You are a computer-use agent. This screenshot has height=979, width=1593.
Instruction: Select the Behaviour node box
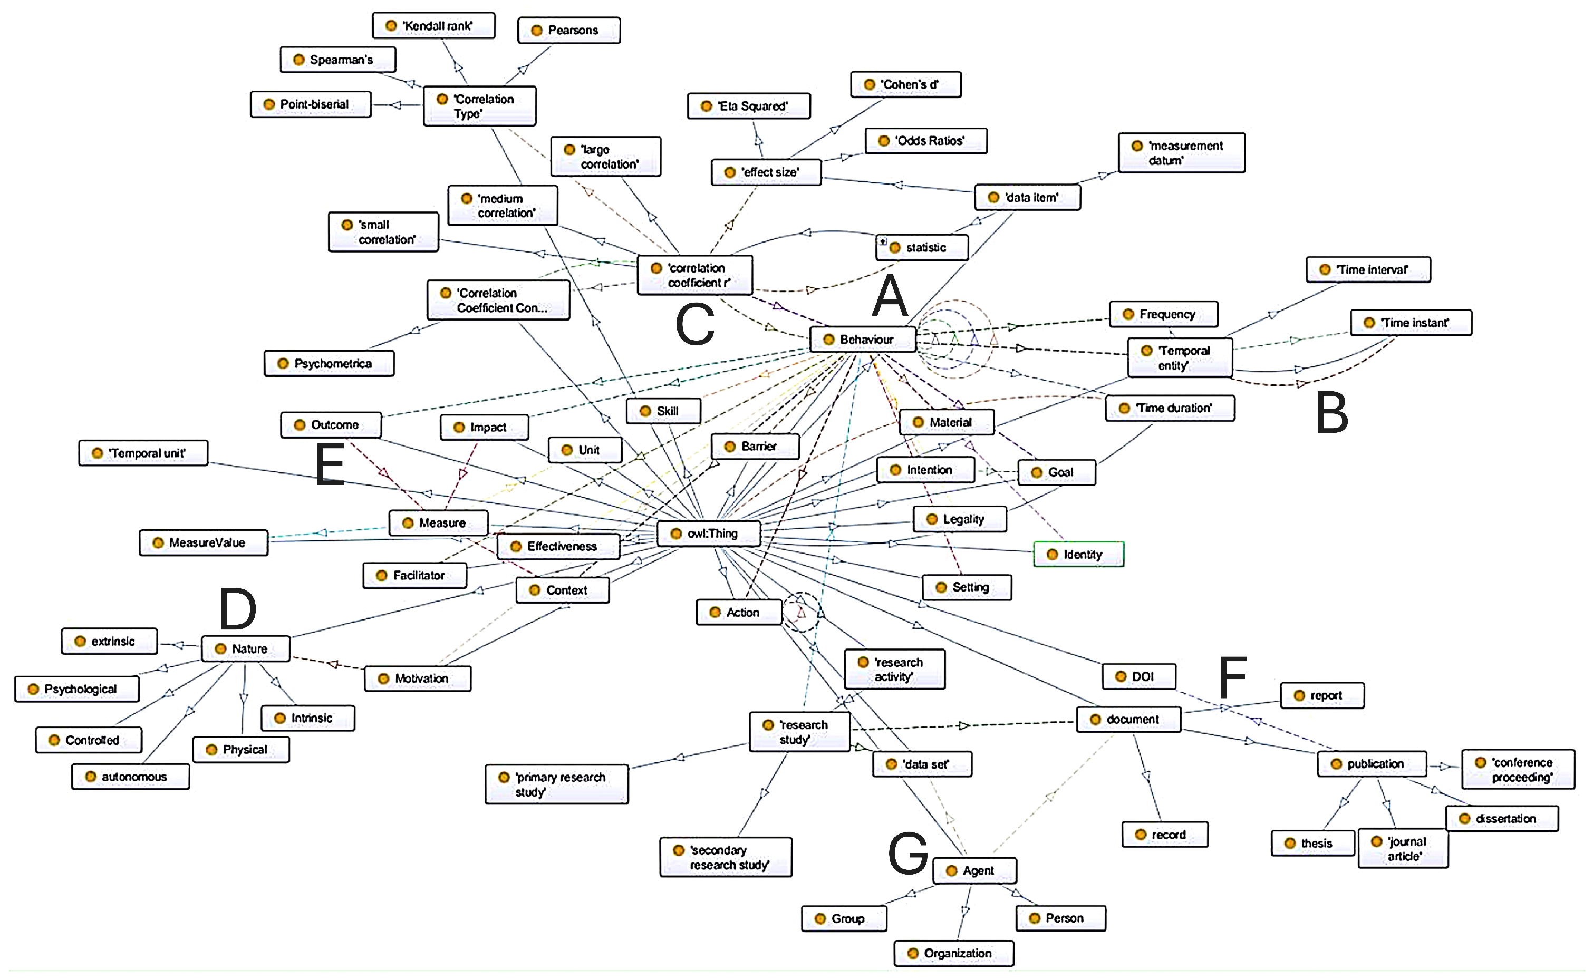point(863,340)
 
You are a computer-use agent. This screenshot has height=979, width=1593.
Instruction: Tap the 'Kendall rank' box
point(433,26)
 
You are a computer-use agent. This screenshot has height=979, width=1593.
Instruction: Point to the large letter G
point(908,853)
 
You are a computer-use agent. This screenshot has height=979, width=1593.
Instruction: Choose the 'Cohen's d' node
point(905,85)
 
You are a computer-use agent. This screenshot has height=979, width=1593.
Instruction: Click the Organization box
point(954,954)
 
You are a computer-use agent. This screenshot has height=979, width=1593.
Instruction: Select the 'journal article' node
point(1403,849)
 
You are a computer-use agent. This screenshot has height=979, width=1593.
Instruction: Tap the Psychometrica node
point(329,364)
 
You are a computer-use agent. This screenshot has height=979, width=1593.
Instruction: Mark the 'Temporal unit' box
point(143,453)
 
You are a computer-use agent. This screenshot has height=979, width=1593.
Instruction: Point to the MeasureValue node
point(204,543)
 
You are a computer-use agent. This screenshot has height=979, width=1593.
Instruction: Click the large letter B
point(1331,414)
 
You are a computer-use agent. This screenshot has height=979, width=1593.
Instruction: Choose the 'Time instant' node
point(1411,323)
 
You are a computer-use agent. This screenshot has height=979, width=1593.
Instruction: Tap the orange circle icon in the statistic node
point(895,248)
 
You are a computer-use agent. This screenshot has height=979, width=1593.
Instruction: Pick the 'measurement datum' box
point(1181,153)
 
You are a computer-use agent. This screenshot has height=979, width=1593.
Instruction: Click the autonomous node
point(130,777)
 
